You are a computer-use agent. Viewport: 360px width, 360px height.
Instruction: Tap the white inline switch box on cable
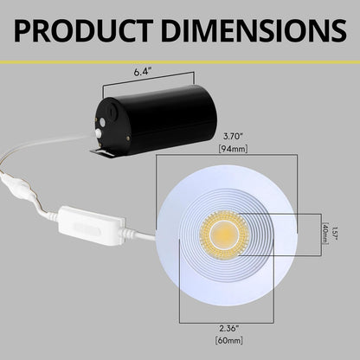coord(87,224)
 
